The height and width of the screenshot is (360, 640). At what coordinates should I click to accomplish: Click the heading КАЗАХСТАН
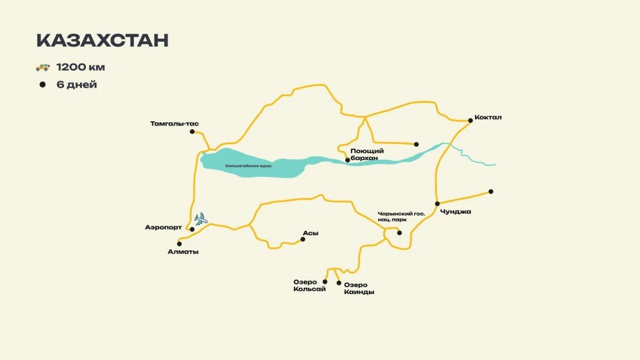coord(102,40)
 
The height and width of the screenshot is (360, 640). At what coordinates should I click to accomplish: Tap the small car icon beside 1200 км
coord(42,67)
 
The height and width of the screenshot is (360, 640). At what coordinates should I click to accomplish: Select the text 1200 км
coord(80,67)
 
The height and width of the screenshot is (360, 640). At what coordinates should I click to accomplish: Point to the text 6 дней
coord(76,84)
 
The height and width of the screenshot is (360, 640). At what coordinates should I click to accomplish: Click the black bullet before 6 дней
coord(42,84)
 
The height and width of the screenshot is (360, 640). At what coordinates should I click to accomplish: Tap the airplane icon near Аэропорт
coord(201,218)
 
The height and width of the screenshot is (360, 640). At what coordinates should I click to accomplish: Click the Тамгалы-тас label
coord(171,123)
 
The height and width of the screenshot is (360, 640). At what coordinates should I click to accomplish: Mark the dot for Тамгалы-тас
coord(192,131)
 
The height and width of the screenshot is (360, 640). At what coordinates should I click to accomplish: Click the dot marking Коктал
coord(470,120)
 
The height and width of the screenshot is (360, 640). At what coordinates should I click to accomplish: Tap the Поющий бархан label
coord(367,154)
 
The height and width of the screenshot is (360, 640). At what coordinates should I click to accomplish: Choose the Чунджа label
coord(455,211)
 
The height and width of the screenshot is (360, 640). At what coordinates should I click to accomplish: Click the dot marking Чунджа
coord(437,203)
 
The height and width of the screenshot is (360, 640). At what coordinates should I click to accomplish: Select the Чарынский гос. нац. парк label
coord(401,216)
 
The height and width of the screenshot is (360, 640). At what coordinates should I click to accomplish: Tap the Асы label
coord(310,233)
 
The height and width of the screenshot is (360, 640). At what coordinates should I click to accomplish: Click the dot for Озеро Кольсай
coord(325,281)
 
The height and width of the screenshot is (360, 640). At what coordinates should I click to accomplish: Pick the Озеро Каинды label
coord(359,288)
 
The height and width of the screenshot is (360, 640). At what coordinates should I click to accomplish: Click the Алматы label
coord(183,251)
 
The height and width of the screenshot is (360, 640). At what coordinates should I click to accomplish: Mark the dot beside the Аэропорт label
coord(192,229)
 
